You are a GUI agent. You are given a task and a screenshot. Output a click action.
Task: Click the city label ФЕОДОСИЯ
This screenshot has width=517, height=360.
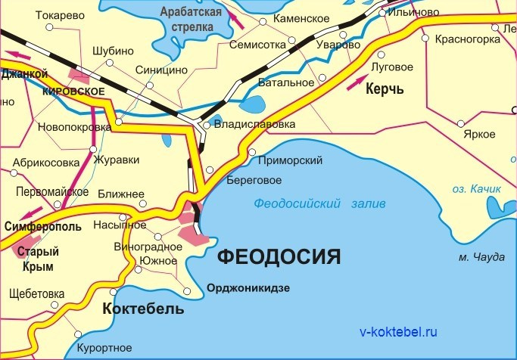click(x=278, y=256)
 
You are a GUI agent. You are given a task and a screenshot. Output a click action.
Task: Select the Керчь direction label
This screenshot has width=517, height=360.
click(x=385, y=89)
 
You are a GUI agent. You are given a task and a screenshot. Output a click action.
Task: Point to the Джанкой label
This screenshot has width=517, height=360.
click(x=24, y=74)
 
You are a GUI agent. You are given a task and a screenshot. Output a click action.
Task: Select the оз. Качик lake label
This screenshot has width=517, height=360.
click(x=477, y=188)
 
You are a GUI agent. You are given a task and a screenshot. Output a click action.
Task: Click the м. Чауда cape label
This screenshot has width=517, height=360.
click(x=481, y=257)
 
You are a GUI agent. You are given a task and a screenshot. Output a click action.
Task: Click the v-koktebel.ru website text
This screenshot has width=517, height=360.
click(x=398, y=331)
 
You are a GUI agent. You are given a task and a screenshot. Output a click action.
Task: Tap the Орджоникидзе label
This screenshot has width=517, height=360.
click(x=249, y=288)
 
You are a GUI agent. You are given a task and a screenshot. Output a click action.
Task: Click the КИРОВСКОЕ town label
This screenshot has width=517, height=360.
click(x=74, y=91)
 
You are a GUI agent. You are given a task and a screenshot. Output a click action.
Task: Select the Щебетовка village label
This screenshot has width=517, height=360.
click(x=36, y=293)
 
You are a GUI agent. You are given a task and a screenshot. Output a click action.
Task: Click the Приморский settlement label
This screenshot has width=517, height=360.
click(x=290, y=160)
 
